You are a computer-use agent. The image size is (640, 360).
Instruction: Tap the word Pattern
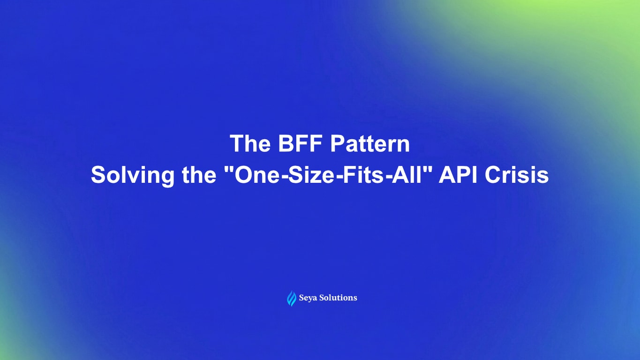click(370, 144)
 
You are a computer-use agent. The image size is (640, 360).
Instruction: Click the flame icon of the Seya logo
click(292, 298)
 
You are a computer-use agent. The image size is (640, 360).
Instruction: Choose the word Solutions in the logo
click(339, 298)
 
